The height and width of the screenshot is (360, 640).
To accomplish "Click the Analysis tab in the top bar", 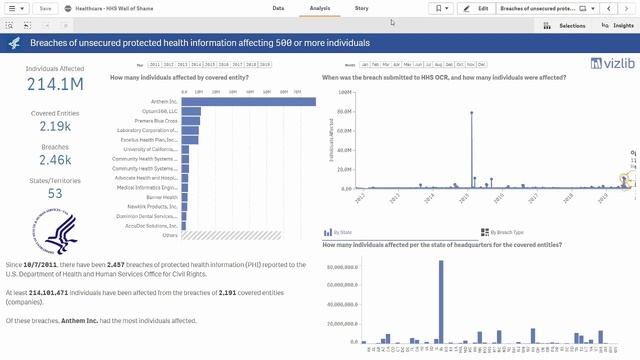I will click(x=320, y=7).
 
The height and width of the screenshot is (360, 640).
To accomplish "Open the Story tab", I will click(x=361, y=7).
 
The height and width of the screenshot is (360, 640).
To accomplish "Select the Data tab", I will click(x=278, y=7).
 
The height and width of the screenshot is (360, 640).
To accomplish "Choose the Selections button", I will click(x=568, y=25).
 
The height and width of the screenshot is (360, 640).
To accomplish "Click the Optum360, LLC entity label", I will click(x=156, y=111).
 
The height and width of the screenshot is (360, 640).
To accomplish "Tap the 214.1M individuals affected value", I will click(x=54, y=85).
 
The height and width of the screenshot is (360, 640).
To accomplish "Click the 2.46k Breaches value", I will click(x=54, y=159).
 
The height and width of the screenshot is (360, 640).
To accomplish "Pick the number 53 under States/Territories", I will click(x=54, y=193).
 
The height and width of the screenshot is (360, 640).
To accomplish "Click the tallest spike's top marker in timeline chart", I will click(x=472, y=111).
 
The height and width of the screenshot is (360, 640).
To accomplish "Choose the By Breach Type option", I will click(x=505, y=231).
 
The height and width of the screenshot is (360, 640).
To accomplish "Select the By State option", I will click(x=346, y=231).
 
